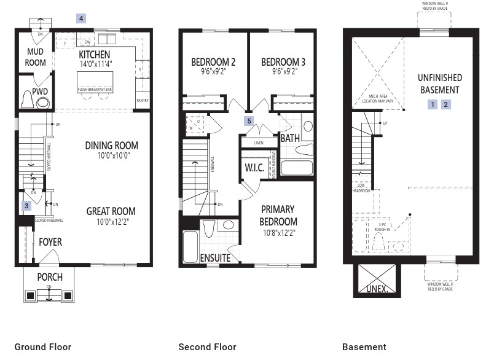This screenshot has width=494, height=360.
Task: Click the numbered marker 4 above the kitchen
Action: [81, 18]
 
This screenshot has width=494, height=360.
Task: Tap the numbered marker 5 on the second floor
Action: [249, 121]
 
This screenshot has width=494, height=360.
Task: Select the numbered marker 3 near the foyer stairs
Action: [26, 206]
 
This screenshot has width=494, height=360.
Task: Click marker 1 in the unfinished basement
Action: [433, 104]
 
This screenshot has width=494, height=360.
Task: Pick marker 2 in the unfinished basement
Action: [446, 104]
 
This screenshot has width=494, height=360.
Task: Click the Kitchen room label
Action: [95, 55]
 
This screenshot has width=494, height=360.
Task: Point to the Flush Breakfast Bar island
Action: [94, 83]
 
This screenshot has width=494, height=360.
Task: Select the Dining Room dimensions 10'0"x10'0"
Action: [111, 156]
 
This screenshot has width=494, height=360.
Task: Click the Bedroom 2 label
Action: [213, 62]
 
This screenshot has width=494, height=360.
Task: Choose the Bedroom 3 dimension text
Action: [283, 71]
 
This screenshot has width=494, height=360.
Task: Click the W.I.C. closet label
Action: [254, 168]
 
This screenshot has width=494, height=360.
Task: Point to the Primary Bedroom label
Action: [278, 215]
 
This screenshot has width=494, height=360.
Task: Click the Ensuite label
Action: [215, 258]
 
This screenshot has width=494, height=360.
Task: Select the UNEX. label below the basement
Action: [377, 288]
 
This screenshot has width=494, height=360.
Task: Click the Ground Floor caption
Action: [43, 347]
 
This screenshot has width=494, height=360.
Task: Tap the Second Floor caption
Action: [207, 347]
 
